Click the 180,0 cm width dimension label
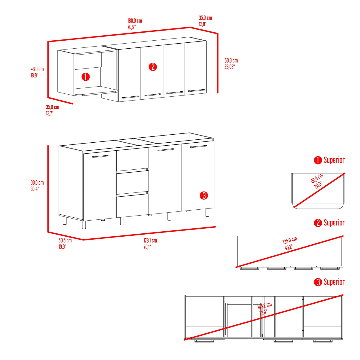[135, 21]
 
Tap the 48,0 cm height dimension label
[37, 69]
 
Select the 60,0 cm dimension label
[231, 60]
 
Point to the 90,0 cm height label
[37, 183]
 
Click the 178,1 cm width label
[150, 240]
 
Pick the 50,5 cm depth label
[65, 240]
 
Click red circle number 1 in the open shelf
[85, 77]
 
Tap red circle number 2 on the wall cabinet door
[152, 67]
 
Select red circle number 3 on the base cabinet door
[204, 195]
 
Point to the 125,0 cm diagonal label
[290, 240]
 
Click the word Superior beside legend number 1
[334, 160]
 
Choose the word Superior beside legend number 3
[334, 282]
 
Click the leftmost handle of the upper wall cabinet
[130, 97]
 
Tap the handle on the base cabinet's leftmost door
[100, 156]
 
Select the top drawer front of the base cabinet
[132, 160]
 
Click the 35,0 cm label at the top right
[205, 18]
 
